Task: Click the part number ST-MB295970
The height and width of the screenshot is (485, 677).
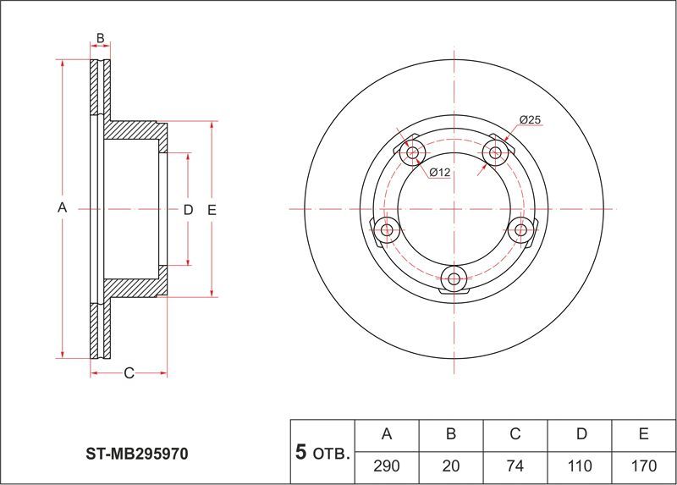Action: point(137,454)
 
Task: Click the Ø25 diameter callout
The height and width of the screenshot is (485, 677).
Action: point(530,119)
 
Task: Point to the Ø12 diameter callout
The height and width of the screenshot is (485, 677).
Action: point(440,173)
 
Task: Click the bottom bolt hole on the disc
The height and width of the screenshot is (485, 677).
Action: point(454,279)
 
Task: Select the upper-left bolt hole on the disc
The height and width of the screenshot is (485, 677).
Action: point(413,152)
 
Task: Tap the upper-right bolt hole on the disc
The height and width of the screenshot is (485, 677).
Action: point(495,152)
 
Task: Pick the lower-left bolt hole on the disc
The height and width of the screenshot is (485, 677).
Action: point(387,229)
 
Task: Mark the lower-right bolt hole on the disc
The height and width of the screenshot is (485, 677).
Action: point(520,229)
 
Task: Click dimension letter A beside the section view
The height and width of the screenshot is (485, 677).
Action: point(62,207)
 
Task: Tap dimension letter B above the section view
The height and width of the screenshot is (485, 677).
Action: point(100,38)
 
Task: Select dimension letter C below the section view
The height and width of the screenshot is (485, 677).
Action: point(129,373)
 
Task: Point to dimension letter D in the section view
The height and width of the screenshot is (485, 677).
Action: point(188,210)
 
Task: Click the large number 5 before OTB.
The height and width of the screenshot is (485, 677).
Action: point(301,452)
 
